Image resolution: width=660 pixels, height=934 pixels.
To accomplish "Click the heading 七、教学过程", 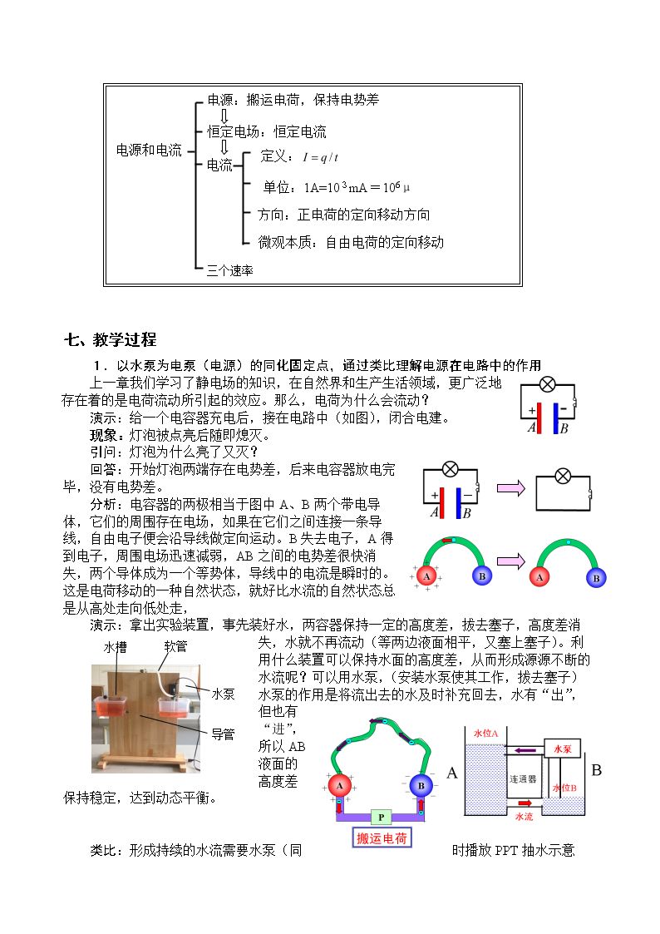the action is click(110, 340).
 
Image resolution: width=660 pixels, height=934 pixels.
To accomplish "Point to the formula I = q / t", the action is click(320, 157).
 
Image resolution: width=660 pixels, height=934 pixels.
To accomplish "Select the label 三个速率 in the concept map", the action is click(229, 271).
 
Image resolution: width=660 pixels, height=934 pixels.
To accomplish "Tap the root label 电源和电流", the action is click(149, 150).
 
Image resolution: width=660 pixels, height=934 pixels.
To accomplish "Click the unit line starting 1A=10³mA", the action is click(357, 188).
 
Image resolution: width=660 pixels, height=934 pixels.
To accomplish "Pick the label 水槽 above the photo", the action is click(115, 648).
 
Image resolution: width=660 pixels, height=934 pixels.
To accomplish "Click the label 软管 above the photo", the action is click(175, 646).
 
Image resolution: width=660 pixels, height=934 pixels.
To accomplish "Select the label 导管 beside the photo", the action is click(223, 734).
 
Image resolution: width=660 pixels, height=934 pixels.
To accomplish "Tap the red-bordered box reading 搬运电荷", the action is click(382, 838).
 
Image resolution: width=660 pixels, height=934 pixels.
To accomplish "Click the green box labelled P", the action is click(381, 818).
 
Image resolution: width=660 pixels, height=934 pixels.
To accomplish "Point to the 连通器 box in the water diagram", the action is click(523, 778).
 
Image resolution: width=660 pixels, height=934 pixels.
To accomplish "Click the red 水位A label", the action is click(485, 734).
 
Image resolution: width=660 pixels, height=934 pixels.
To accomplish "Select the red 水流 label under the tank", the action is click(524, 817).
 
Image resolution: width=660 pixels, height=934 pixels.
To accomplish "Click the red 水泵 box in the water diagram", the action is click(563, 749).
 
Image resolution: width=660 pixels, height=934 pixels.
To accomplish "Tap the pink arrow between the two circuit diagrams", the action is click(511, 489).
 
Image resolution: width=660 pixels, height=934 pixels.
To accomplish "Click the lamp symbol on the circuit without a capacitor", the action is click(563, 476).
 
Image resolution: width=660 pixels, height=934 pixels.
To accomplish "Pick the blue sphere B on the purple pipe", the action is click(421, 786).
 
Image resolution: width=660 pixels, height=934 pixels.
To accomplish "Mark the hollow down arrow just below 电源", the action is click(224, 116).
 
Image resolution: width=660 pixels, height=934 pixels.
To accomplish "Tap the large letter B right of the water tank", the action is click(596, 770).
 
